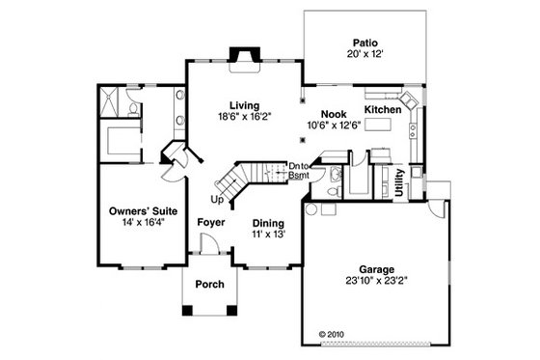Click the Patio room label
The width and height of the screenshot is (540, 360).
(x=364, y=42)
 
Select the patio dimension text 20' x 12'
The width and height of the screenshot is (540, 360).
(x=364, y=54)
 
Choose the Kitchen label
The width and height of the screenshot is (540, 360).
(x=382, y=111)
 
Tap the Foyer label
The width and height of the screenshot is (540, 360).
(x=211, y=223)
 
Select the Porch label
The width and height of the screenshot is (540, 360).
(x=210, y=283)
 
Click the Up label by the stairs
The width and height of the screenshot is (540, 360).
(x=217, y=200)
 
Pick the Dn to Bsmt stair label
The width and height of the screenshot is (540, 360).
(x=298, y=171)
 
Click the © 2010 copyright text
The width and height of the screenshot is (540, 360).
(x=330, y=338)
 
